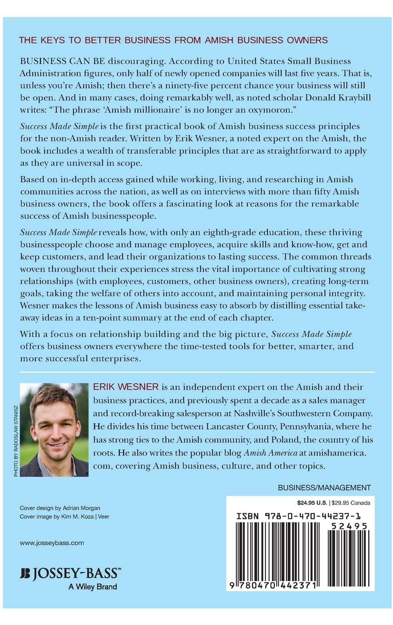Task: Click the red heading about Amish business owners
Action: [173, 40]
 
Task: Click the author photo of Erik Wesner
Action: [54, 429]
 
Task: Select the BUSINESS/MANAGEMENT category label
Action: [325, 488]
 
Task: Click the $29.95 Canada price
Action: [352, 502]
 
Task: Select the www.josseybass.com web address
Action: [52, 543]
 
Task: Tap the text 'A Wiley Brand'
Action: [92, 586]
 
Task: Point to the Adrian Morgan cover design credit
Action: [58, 508]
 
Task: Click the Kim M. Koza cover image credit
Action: [64, 517]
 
